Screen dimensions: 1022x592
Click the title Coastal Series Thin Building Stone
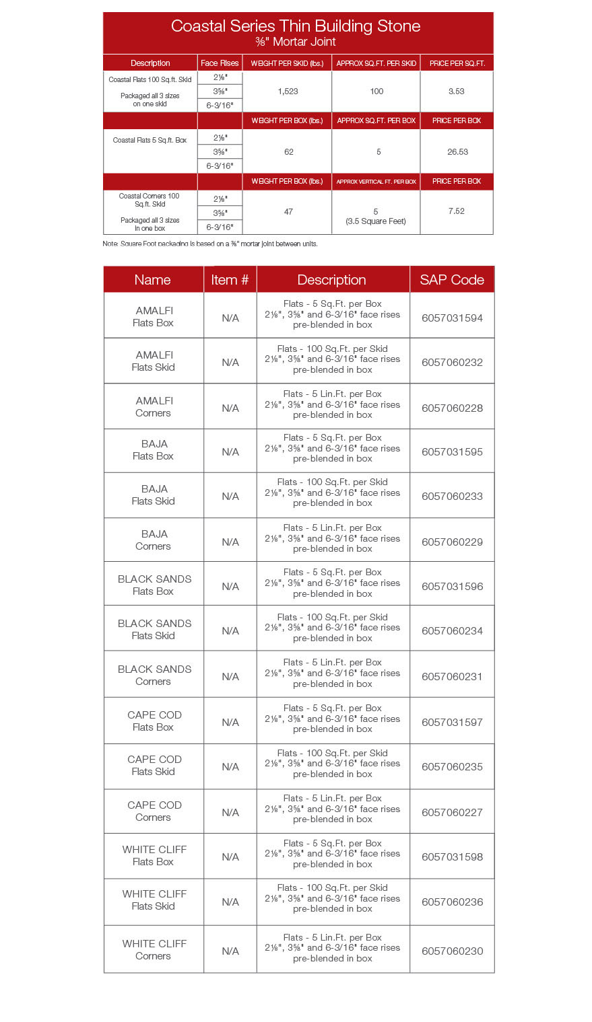[296, 26]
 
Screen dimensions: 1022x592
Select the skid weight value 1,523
[288, 92]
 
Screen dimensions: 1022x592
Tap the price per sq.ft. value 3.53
[456, 92]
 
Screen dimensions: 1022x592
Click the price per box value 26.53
[457, 152]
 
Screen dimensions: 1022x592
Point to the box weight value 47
[288, 212]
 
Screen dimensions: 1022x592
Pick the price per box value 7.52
[456, 211]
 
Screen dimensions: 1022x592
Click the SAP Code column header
[452, 280]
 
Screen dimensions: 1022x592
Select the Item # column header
[230, 280]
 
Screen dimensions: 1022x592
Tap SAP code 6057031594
[452, 318]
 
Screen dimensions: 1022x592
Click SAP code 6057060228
[452, 408]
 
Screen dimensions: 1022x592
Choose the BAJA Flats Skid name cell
[154, 495]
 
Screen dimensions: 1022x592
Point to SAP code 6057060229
[452, 542]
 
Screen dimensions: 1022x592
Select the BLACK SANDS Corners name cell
[154, 676]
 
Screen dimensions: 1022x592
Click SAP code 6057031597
[452, 723]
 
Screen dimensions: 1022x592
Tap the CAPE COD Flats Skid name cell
[154, 766]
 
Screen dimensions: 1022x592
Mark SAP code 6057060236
[452, 902]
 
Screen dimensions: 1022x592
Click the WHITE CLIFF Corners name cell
[154, 950]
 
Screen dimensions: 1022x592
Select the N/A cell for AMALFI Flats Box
[230, 318]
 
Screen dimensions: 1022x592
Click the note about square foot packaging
[210, 244]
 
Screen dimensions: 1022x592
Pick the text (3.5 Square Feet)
[376, 221]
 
